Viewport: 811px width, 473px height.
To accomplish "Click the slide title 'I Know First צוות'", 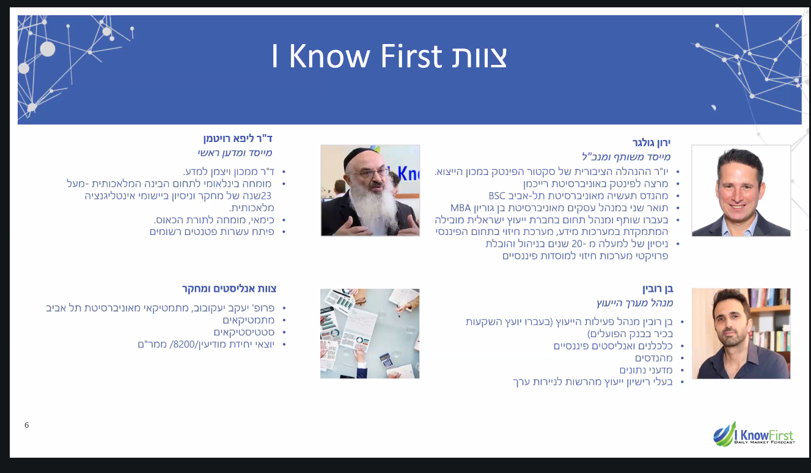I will [x=389, y=57].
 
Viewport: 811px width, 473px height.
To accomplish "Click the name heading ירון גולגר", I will [x=651, y=143].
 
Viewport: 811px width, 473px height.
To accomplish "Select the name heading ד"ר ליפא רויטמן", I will [x=238, y=138].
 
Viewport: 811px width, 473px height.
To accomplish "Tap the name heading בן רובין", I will [x=657, y=289].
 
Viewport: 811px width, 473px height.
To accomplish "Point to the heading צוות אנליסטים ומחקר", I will [x=229, y=288].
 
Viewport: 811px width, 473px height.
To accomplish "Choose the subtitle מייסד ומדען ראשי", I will [x=235, y=153].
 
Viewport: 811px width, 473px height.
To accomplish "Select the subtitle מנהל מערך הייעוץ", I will [x=635, y=303].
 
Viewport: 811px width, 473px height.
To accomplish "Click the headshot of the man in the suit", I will [x=741, y=191].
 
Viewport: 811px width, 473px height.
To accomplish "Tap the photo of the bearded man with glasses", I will [x=370, y=190].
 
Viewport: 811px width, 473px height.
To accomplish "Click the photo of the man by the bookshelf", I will [x=741, y=333].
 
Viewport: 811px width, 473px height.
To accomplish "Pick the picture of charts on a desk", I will [x=370, y=333].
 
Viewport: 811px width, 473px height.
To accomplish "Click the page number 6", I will [x=26, y=425].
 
